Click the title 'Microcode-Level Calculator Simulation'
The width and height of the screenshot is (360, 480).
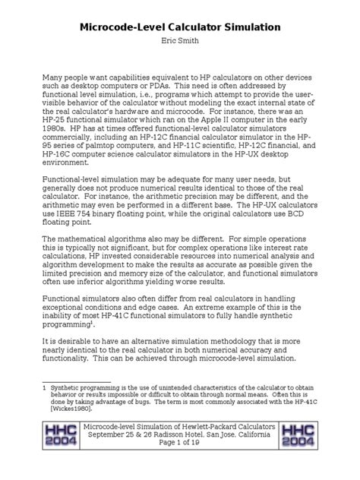tap(180, 27)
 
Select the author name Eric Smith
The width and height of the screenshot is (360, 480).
tap(180, 43)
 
